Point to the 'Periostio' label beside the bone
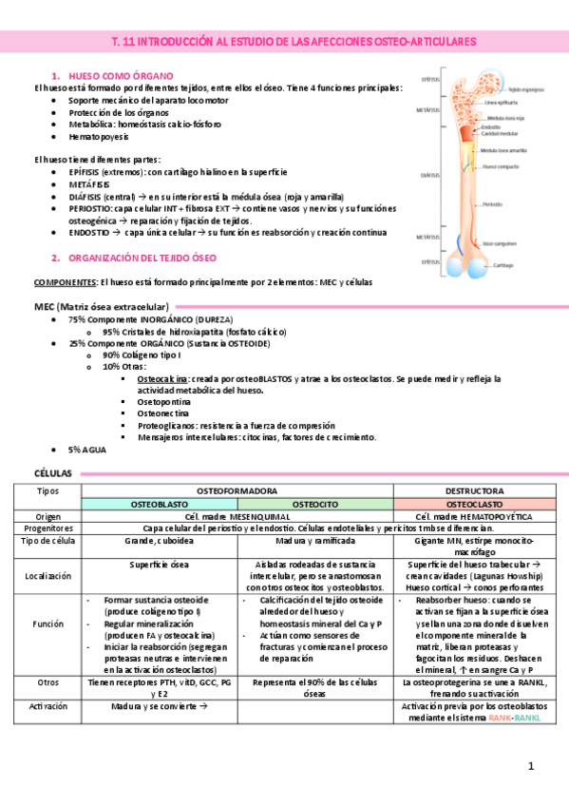(493, 203)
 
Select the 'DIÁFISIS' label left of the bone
(430, 175)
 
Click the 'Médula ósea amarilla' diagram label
(503, 150)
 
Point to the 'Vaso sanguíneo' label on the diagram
(500, 243)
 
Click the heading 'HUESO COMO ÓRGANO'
(120, 74)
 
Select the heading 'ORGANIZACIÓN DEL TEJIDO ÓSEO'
(142, 258)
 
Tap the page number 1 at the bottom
(531, 766)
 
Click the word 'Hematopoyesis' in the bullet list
(99, 136)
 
